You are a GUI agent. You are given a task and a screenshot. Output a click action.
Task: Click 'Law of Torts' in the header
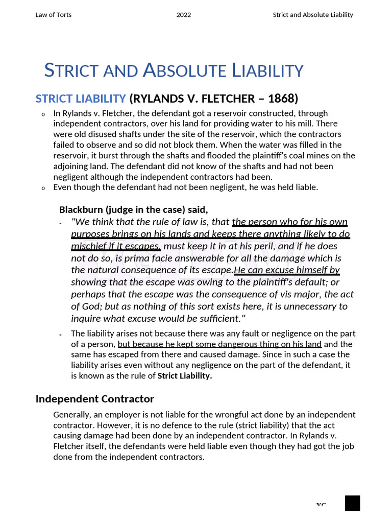point(53,15)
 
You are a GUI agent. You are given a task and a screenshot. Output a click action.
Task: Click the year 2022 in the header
point(184,15)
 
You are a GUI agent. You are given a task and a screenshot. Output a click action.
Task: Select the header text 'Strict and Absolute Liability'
point(313,15)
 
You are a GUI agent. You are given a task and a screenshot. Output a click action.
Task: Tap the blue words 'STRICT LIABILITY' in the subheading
point(80,98)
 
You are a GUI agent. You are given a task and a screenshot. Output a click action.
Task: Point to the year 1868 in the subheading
point(281,98)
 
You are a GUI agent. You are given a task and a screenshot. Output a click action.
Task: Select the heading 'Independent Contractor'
point(94,399)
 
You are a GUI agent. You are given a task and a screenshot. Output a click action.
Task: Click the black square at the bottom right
point(352,503)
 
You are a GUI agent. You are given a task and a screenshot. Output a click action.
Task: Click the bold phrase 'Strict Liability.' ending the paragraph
point(185,376)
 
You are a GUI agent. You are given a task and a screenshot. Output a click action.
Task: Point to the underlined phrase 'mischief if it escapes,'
point(116,246)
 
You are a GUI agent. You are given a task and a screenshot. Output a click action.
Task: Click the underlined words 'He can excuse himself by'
point(287,270)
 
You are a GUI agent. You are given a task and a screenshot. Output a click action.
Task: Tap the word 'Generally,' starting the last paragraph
point(70,415)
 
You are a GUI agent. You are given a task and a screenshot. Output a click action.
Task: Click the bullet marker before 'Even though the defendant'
point(43,188)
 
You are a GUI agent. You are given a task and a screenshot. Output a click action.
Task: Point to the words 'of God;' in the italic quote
point(86,306)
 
